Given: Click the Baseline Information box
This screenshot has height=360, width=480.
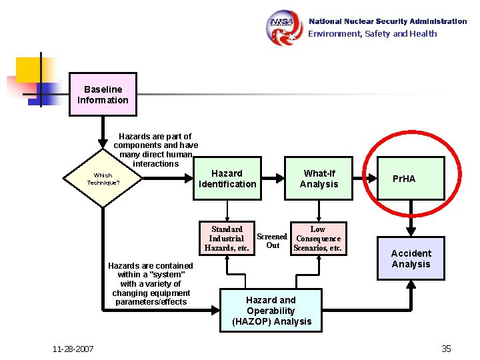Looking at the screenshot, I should (103, 95).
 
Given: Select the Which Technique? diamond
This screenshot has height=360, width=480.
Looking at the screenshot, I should (103, 179).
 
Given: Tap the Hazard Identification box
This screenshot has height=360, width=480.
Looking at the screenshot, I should (227, 179).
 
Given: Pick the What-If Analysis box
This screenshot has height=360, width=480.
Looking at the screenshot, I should (319, 179).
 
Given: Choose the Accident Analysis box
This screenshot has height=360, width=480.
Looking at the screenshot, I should (411, 259).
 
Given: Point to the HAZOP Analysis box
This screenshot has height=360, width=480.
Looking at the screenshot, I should (271, 311).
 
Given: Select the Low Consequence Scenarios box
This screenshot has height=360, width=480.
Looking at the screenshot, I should (319, 239).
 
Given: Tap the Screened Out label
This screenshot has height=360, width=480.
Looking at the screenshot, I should (272, 241).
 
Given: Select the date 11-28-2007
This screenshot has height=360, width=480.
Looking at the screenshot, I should (73, 349).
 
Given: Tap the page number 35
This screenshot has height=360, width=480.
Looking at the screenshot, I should (446, 349).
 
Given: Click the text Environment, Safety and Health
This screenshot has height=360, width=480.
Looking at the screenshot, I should (372, 33).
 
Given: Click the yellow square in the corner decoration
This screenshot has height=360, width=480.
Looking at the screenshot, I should (29, 69).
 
